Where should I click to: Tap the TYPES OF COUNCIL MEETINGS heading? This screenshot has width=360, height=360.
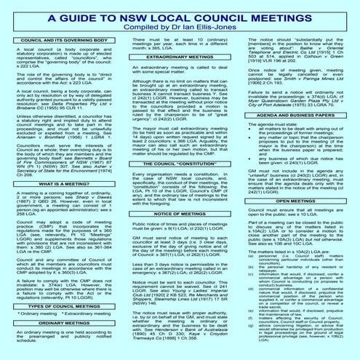[59, 308]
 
